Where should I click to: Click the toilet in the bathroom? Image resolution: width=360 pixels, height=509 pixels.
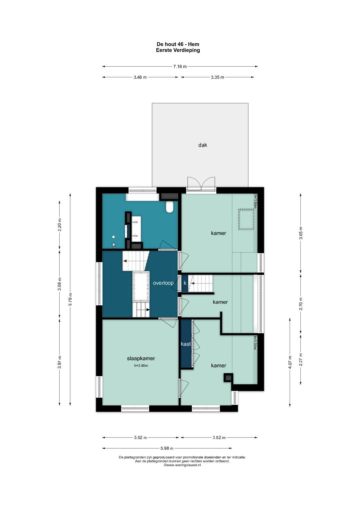pos(169,207)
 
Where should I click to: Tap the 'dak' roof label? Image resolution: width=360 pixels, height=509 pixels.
pos(203,145)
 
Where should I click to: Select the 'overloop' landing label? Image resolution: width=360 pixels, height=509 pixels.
pos(163,283)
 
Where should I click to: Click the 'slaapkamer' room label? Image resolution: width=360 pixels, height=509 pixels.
pos(141,358)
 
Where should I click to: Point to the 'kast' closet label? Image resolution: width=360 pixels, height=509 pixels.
pos(186,344)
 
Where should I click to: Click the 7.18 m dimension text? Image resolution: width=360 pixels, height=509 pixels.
pos(180,67)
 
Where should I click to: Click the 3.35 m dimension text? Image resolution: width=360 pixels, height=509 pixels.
pos(217,77)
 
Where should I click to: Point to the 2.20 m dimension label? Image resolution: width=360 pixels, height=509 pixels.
pos(60,225)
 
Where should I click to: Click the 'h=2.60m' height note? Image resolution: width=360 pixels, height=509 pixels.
pos(141,366)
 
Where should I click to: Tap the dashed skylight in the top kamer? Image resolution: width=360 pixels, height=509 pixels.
pos(246,219)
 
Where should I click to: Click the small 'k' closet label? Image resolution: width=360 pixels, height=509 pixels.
pos(185,283)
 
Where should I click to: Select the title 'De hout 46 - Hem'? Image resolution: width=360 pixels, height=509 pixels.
pos(178,44)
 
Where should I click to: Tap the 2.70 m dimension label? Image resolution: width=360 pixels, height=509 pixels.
pos(301,304)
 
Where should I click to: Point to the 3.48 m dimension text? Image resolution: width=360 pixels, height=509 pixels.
pos(140,77)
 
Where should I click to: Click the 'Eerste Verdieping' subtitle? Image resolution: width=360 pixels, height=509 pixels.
pos(178,50)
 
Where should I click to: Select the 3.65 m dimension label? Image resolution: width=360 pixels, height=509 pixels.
pos(301,233)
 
